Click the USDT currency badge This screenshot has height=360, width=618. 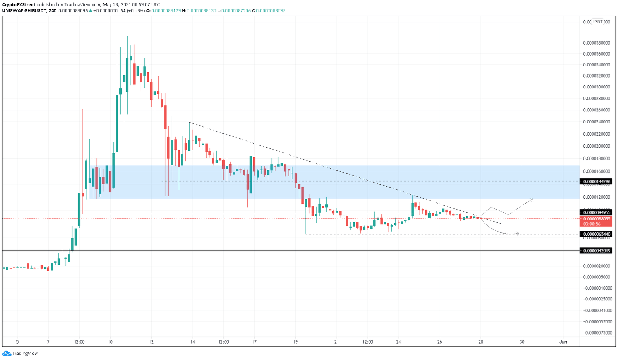598,22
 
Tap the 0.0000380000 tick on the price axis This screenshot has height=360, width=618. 597,43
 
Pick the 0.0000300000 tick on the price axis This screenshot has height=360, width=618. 597,87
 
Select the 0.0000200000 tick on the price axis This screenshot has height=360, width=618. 597,146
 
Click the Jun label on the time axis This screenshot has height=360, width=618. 563,342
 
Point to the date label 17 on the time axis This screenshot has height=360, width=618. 254,342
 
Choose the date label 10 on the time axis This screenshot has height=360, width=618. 110,342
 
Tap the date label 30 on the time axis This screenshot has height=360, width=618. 522,342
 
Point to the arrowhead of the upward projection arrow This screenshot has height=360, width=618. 532,199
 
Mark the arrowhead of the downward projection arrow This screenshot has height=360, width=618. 518,234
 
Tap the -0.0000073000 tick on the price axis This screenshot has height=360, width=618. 597,333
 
